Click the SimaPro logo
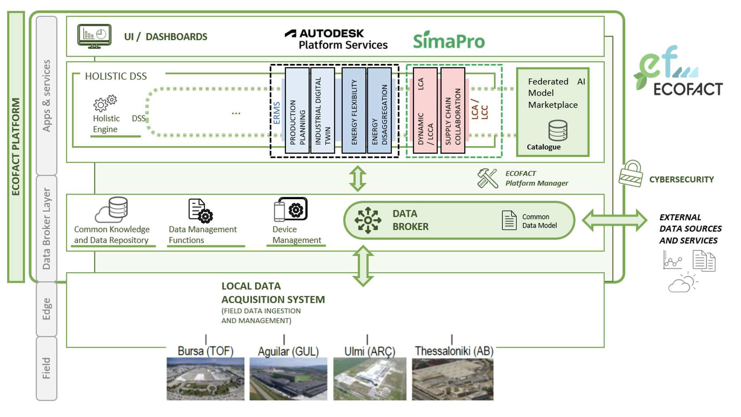pyautogui.click(x=449, y=40)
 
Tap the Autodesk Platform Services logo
pyautogui.click(x=336, y=39)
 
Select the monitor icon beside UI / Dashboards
pyautogui.click(x=94, y=36)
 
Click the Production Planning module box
pyautogui.click(x=297, y=111)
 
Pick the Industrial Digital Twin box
pyautogui.click(x=322, y=111)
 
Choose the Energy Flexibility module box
pyautogui.click(x=354, y=111)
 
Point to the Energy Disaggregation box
pyautogui.click(x=379, y=111)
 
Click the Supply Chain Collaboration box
pyautogui.click(x=453, y=111)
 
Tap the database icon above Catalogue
pyautogui.click(x=558, y=130)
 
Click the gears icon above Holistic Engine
pyautogui.click(x=105, y=103)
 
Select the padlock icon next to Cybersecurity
pyautogui.click(x=631, y=174)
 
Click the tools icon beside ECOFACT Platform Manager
pyautogui.click(x=487, y=178)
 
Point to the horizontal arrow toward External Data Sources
pyautogui.click(x=614, y=220)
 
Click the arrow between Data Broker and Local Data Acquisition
pyautogui.click(x=363, y=266)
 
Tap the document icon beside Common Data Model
pyautogui.click(x=509, y=220)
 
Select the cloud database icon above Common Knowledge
pyautogui.click(x=112, y=210)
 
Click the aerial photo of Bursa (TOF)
pyautogui.click(x=205, y=379)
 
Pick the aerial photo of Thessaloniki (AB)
pyautogui.click(x=453, y=379)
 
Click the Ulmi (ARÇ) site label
pyautogui.click(x=370, y=351)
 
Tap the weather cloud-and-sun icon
pyautogui.click(x=683, y=283)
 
